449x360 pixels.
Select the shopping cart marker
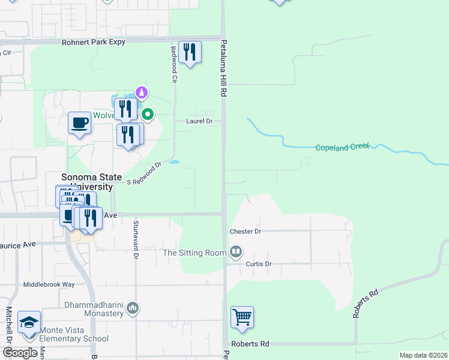pos(242,317)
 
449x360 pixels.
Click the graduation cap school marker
pos(29,323)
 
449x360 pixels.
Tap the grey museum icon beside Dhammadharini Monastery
pos(133,309)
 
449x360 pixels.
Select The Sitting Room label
pos(194,253)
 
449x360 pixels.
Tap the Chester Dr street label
pos(246,231)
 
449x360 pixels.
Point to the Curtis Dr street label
pos(259,263)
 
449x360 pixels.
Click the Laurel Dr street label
pos(202,121)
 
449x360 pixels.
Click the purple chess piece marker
pos(142,92)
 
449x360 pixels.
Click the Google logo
pos(20,353)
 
